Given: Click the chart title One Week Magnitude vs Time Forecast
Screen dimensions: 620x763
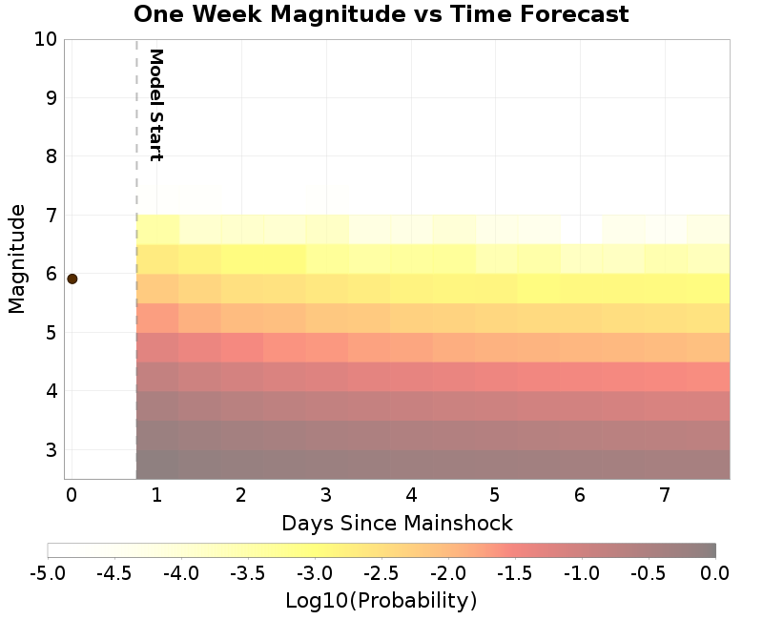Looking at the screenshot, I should (381, 14).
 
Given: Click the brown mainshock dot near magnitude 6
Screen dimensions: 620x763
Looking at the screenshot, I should (72, 279).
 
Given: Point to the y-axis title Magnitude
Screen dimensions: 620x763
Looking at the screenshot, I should (16, 258).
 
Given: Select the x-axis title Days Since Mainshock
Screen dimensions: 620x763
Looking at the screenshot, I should (397, 523).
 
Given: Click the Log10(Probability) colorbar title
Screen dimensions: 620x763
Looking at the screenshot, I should (381, 601).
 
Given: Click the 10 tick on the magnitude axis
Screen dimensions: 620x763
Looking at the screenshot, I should (46, 39).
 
